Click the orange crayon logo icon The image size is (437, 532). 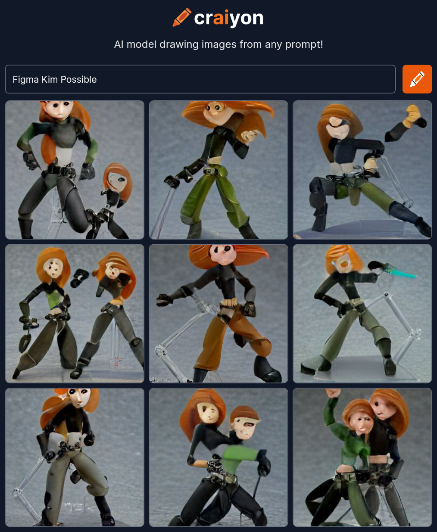point(182,17)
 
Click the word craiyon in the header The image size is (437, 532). point(229,18)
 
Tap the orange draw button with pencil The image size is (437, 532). point(417,79)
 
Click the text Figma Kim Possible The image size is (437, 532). point(54,79)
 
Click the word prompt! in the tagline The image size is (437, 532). point(304,45)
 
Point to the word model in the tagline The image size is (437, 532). point(141,44)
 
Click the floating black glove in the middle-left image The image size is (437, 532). point(79,277)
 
